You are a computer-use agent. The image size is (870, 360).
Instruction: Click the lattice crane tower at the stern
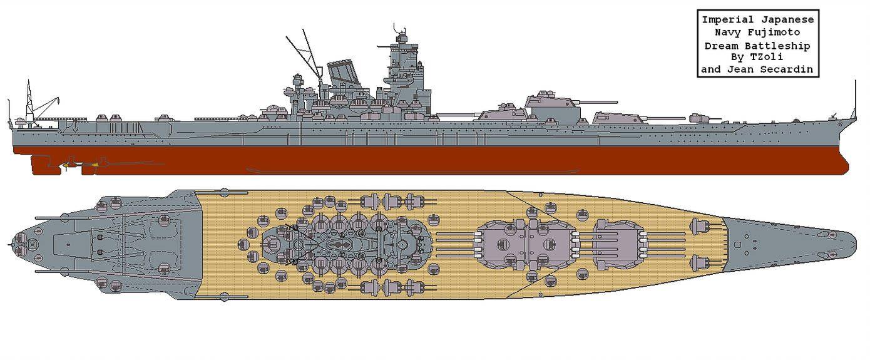coord(29,102)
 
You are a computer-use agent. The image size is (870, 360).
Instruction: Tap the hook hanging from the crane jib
coord(58,102)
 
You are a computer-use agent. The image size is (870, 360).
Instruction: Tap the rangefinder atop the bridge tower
coord(401,38)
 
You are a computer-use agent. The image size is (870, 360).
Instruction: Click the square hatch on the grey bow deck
coord(737,244)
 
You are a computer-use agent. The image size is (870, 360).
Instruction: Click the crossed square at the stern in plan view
coord(32,245)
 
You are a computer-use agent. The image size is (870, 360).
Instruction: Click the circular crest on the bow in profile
coord(839,123)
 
